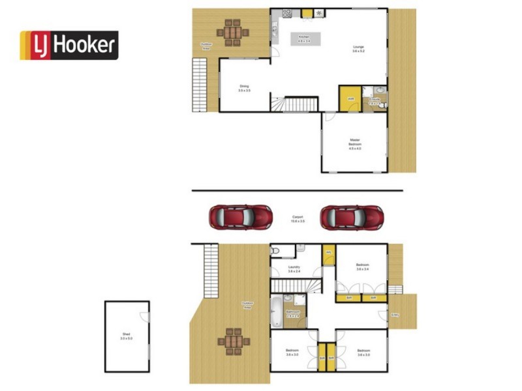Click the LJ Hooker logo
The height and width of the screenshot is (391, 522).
(x=69, y=45)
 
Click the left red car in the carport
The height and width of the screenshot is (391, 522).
(x=240, y=217)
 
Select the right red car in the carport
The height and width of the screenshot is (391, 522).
(x=351, y=217)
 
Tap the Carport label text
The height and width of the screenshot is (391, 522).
(x=297, y=219)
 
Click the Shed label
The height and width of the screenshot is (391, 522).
(x=126, y=336)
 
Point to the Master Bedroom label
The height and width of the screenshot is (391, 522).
(x=354, y=145)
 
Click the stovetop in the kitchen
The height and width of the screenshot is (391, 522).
(x=286, y=13)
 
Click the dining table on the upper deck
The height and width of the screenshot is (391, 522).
(x=233, y=33)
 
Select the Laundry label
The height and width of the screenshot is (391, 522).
(x=294, y=268)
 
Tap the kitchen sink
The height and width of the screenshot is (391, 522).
(x=275, y=29)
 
